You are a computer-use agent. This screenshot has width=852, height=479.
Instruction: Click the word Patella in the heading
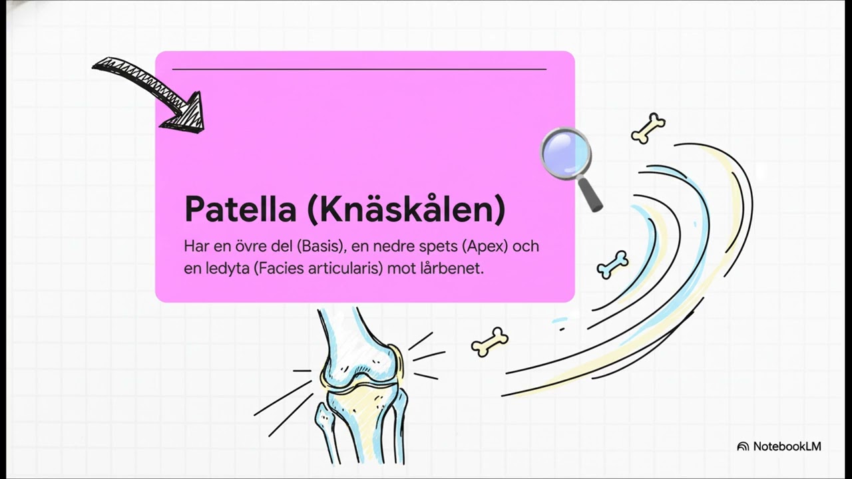[x=240, y=209]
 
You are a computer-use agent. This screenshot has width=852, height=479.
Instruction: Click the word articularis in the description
[x=344, y=268]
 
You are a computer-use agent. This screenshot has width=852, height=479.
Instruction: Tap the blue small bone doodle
[x=612, y=263]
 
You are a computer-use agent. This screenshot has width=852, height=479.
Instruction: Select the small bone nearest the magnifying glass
[x=648, y=128]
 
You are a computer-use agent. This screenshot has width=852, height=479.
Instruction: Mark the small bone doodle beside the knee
[x=490, y=341]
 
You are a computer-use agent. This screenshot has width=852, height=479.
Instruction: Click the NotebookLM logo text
[x=787, y=446]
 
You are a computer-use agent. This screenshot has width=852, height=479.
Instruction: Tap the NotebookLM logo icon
[x=743, y=446]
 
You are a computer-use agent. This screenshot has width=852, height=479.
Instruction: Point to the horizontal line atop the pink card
[x=359, y=69]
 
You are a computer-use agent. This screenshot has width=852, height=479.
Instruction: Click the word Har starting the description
[x=196, y=246]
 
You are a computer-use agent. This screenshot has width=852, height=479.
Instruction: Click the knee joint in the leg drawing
[x=359, y=379]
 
